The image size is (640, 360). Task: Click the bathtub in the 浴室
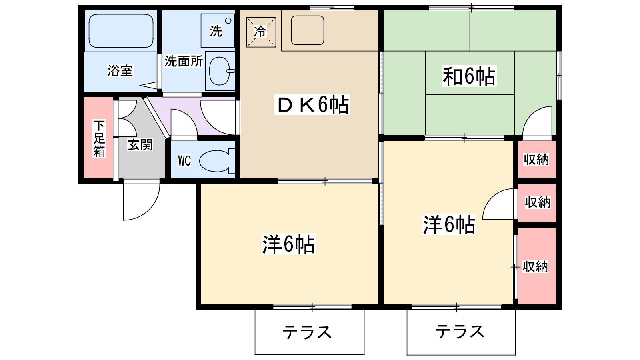tap(121, 31)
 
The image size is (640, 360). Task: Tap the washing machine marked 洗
tap(217, 30)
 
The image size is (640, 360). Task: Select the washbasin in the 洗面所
tap(220, 71)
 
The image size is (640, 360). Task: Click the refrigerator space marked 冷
tap(261, 32)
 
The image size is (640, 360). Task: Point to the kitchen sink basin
tap(307, 30)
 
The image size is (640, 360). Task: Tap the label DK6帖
tap(312, 105)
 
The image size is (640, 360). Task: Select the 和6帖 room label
tap(469, 76)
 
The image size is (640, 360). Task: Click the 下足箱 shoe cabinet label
tap(99, 138)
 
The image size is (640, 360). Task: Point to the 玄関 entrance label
tap(140, 144)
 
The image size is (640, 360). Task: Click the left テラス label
tap(307, 332)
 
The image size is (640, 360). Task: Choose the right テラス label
tap(460, 332)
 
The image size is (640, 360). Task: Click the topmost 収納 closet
tap(536, 159)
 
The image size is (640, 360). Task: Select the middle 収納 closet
tap(537, 202)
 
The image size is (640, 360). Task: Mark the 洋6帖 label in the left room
tap(288, 244)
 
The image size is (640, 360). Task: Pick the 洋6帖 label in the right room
tap(449, 224)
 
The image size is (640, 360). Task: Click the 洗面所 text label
tap(184, 61)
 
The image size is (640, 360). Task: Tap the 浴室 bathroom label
tap(120, 71)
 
